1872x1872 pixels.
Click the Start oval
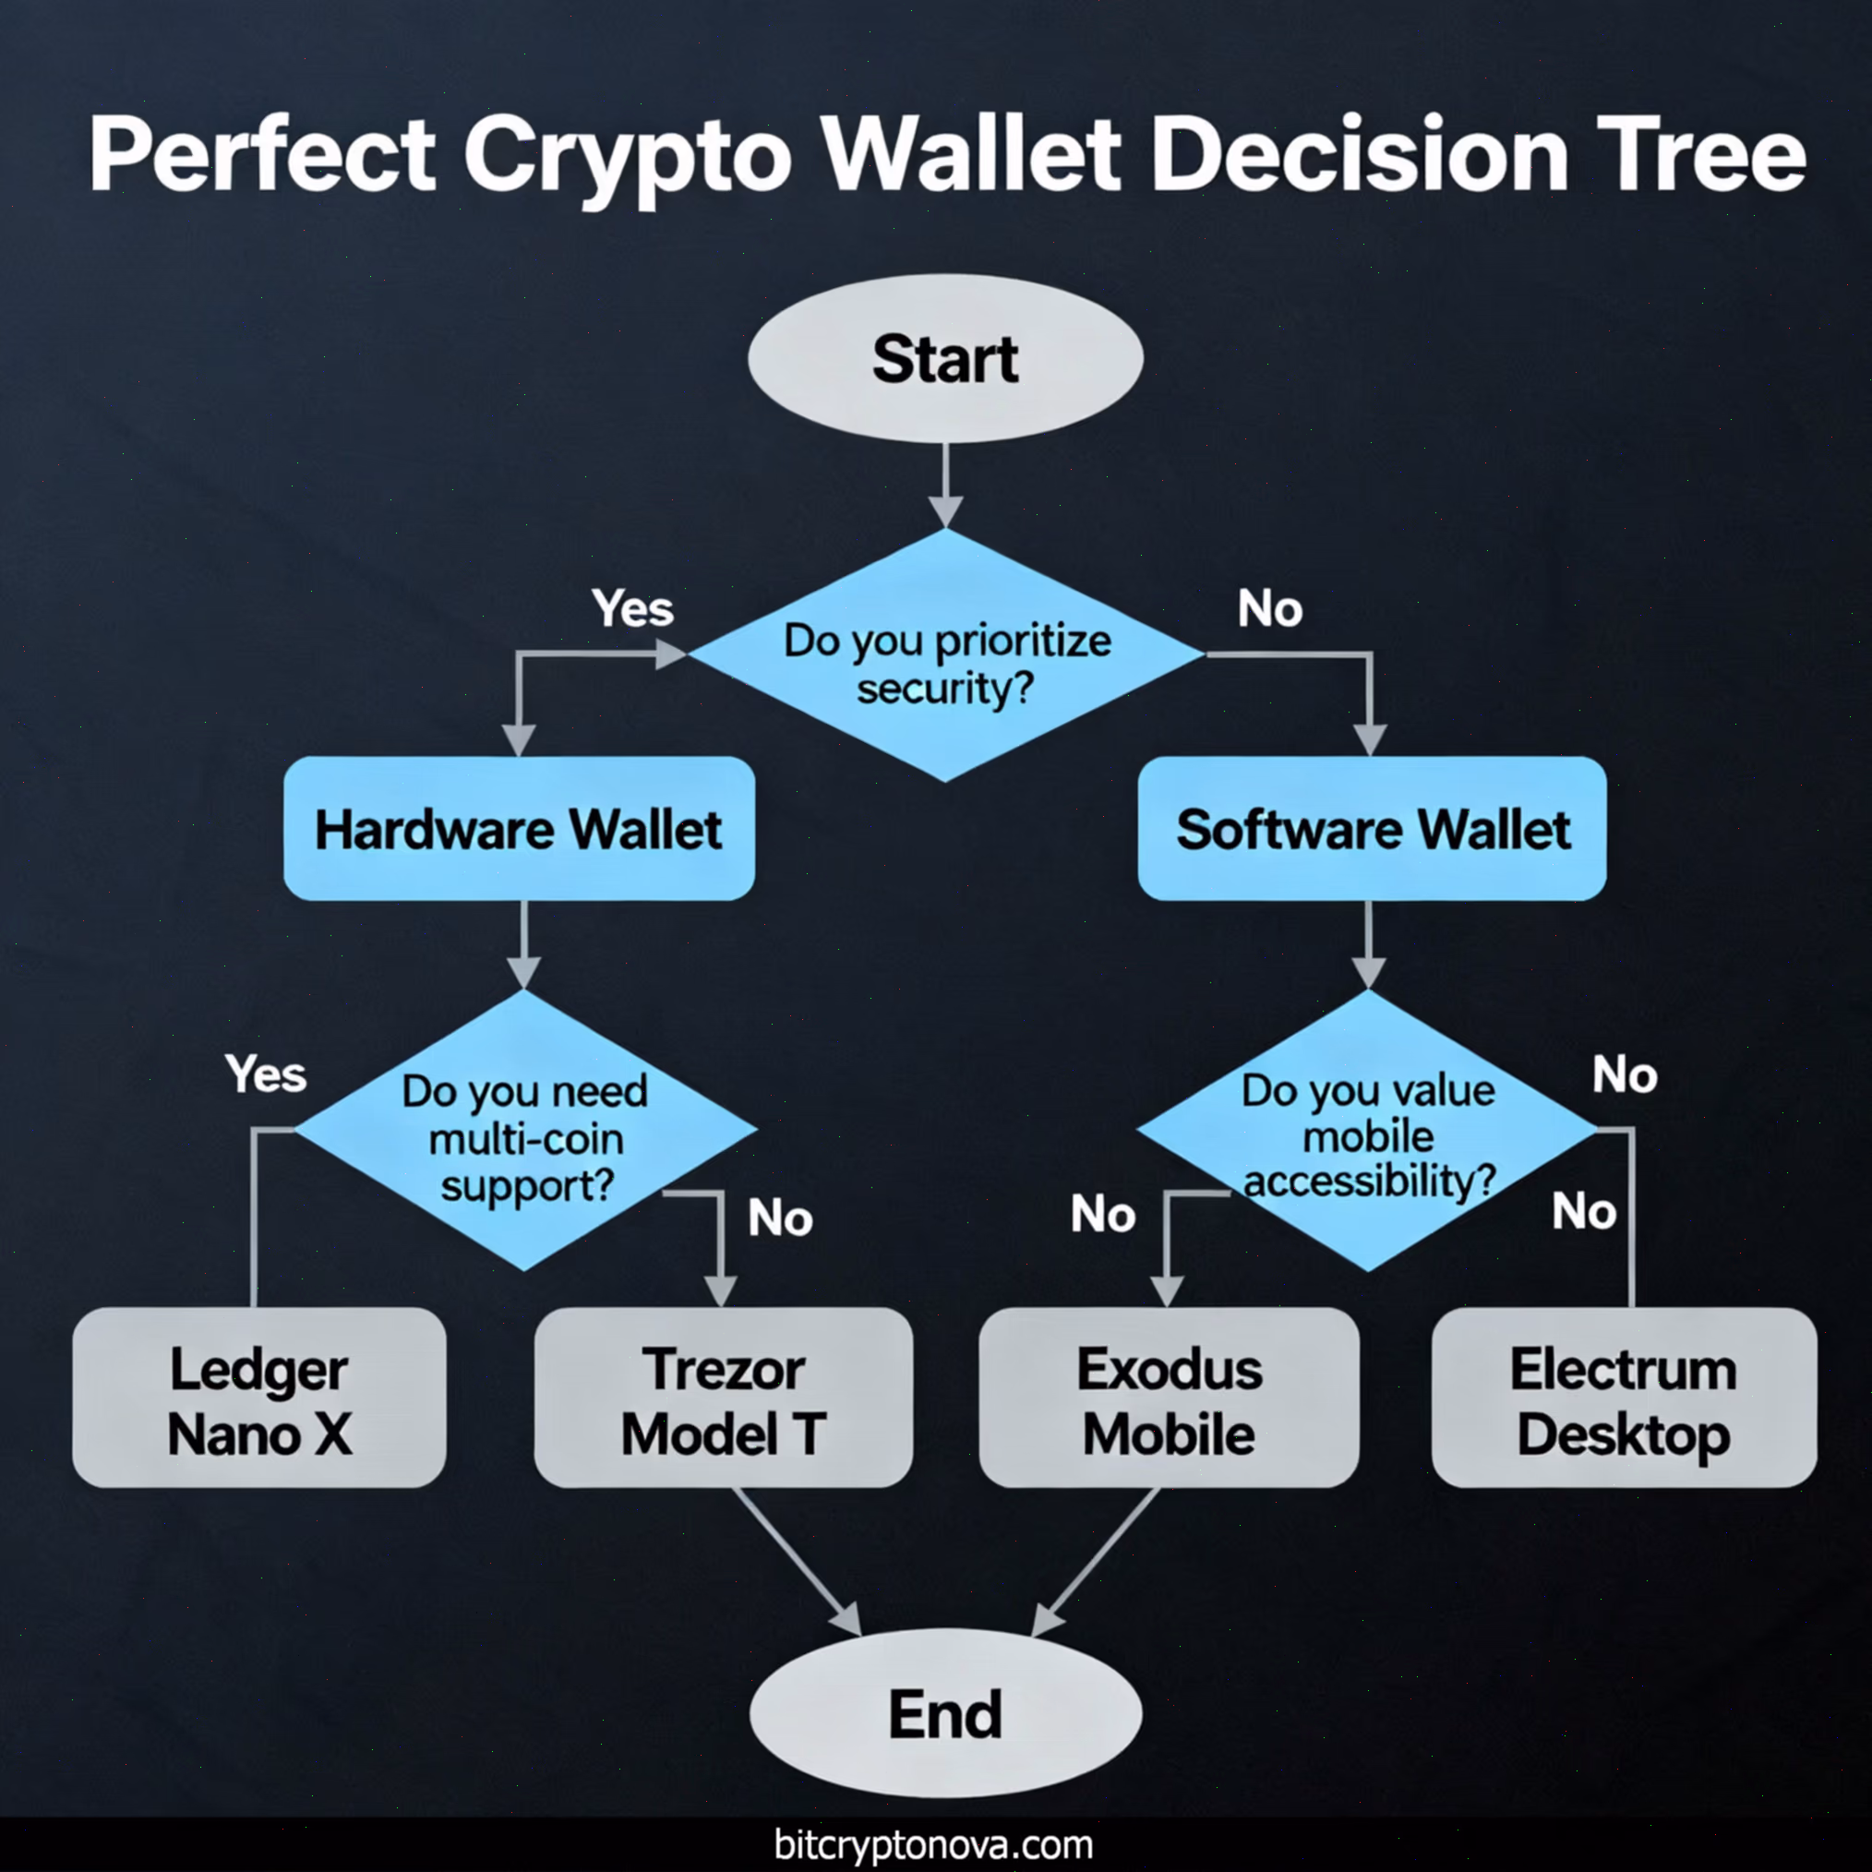pyautogui.click(x=945, y=357)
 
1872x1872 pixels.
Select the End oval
pyautogui.click(x=945, y=1713)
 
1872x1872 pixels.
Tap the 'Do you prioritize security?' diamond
pyautogui.click(x=945, y=655)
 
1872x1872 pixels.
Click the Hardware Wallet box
pyautogui.click(x=520, y=828)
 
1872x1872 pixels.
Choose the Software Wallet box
pyautogui.click(x=1372, y=828)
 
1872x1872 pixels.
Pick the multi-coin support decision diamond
pyautogui.click(x=524, y=1130)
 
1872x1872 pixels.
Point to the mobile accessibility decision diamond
pyautogui.click(x=1367, y=1130)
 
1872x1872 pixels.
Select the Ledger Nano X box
pyautogui.click(x=259, y=1398)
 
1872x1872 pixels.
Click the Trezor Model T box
pyautogui.click(x=724, y=1398)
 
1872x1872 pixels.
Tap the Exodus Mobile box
pyautogui.click(x=1170, y=1398)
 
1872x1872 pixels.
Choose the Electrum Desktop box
pyautogui.click(x=1624, y=1398)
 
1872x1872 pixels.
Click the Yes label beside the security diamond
pyautogui.click(x=632, y=609)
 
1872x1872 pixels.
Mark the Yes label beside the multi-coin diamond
pyautogui.click(x=266, y=1074)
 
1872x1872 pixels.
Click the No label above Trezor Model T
pyautogui.click(x=780, y=1218)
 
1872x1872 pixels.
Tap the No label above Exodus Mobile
pyautogui.click(x=1103, y=1214)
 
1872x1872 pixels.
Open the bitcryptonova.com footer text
pyautogui.click(x=933, y=1844)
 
